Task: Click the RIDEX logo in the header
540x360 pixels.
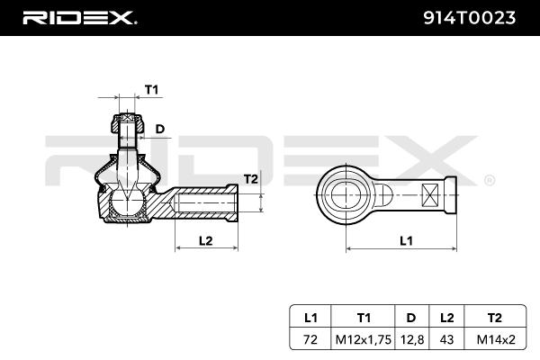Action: (x=79, y=17)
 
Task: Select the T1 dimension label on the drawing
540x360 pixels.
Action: (x=151, y=89)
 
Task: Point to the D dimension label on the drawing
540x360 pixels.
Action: (x=161, y=129)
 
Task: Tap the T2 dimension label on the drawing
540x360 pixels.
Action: (x=251, y=179)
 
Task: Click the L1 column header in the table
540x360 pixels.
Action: (x=311, y=317)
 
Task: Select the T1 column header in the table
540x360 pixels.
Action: (x=364, y=317)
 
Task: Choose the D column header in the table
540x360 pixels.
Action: (x=410, y=317)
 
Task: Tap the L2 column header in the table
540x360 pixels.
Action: (x=447, y=317)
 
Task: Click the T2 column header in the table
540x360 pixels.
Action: (x=494, y=317)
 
